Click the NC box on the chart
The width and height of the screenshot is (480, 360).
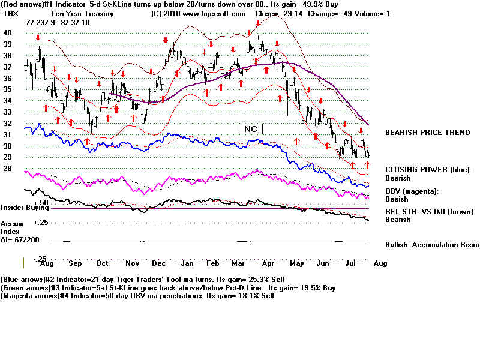(251, 128)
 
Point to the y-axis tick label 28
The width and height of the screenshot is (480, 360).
(8, 169)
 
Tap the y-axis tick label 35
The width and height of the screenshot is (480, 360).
(8, 89)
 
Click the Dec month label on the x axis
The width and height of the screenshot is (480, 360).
(160, 263)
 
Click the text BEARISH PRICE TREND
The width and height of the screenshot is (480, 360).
(427, 132)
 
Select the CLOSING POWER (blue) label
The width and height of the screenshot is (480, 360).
(427, 170)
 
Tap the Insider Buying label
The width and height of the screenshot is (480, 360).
(23, 208)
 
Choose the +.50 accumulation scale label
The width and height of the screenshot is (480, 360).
(40, 202)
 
